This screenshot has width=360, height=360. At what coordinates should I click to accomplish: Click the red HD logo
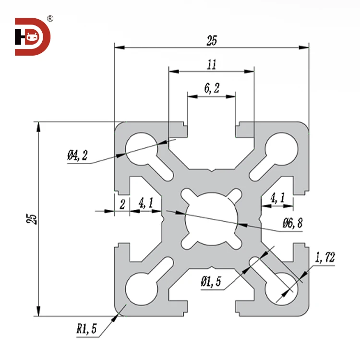click(x=33, y=36)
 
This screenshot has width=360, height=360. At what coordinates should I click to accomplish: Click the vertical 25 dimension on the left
click(x=32, y=219)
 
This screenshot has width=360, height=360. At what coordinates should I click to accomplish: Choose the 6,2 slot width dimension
click(x=212, y=88)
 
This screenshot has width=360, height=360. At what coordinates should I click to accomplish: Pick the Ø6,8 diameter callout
click(x=292, y=223)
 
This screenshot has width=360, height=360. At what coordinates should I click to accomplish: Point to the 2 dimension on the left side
click(x=122, y=204)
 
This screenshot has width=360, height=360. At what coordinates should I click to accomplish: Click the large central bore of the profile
click(x=211, y=218)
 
